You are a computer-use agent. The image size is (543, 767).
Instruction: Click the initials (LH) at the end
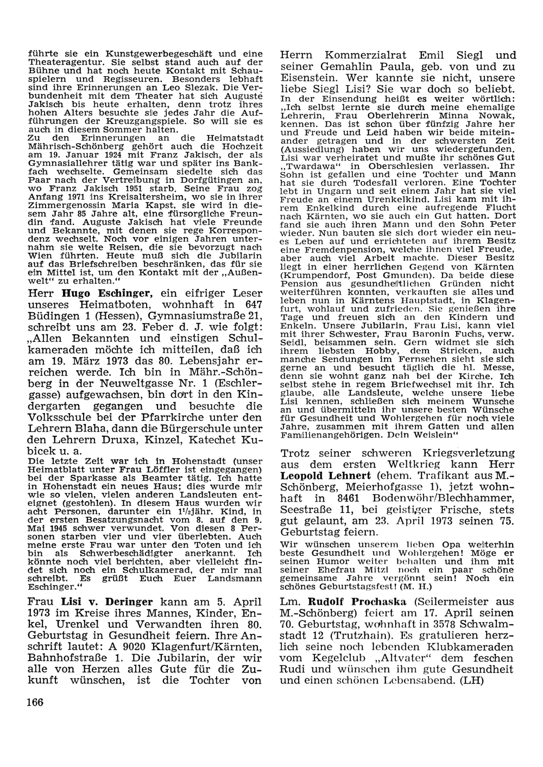click(469, 680)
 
